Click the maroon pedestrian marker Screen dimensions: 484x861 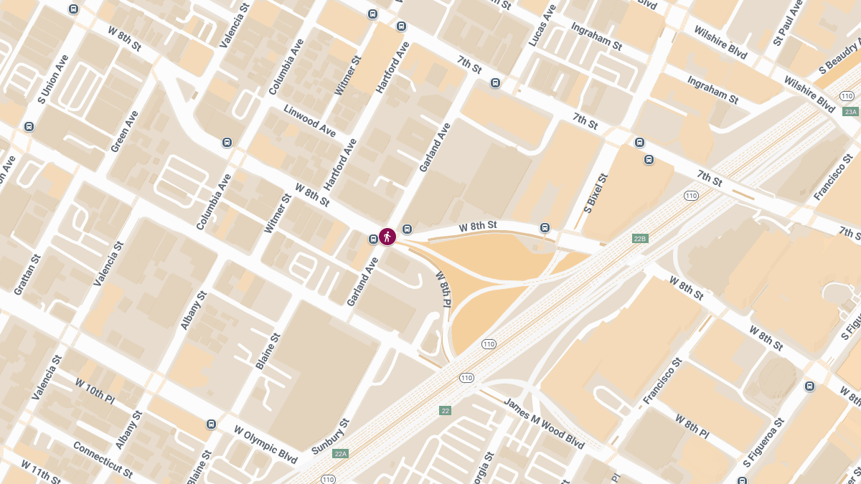tap(387, 236)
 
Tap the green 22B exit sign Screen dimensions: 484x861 tap(641, 238)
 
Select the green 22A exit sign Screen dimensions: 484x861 tap(340, 453)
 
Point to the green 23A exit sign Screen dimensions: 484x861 tap(851, 112)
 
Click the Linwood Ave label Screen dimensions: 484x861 tap(310, 121)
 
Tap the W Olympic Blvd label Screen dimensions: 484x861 tap(265, 444)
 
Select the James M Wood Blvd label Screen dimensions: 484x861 tap(544, 423)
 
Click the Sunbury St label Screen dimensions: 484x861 tap(330, 436)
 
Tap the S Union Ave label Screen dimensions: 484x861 tap(52, 79)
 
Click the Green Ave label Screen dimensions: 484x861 tap(124, 131)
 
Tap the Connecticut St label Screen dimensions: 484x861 tap(103, 459)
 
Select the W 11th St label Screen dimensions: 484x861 tap(40, 473)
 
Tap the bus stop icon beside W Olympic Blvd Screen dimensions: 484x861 tap(211, 424)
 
